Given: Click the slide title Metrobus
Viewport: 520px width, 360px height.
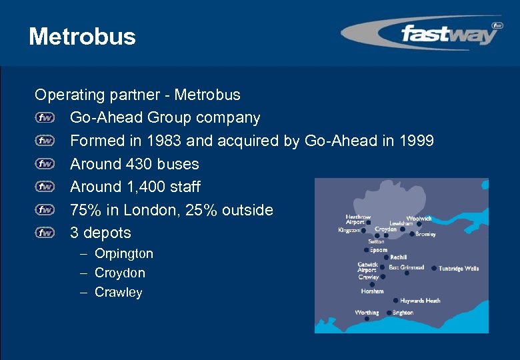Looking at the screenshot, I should point(82,37).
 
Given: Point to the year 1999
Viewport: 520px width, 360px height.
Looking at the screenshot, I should point(417,141).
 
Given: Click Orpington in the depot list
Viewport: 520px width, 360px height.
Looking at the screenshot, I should point(124,253).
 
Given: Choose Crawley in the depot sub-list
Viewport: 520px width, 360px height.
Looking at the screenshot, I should point(119,292).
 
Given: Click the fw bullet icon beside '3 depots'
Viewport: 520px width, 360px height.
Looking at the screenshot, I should point(45,233).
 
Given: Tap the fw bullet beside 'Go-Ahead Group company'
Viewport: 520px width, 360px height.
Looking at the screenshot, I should point(45,118).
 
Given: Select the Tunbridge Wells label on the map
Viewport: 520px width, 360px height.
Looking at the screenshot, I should point(459,269).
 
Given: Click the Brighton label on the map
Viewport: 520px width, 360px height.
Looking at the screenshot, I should point(403,313).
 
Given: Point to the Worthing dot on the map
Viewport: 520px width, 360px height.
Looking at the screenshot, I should point(367,319).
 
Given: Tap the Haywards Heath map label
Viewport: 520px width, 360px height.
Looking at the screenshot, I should point(421,301).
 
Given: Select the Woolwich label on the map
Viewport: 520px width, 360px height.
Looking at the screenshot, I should point(419,218).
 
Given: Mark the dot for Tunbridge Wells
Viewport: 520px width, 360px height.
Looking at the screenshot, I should point(434,268).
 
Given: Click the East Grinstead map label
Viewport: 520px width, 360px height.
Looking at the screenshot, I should point(407,267).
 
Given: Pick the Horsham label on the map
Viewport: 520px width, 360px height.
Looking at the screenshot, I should point(372,291).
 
